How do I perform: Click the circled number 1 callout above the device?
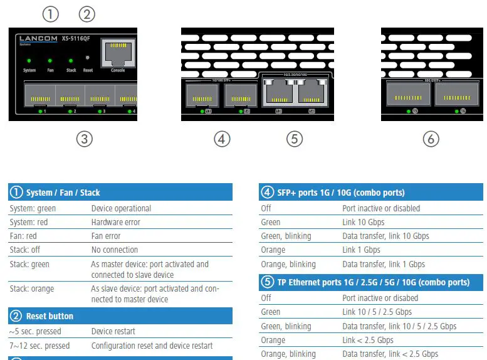pos(51,14)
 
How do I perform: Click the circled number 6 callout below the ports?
pos(431,139)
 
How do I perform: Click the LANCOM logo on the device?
pos(38,39)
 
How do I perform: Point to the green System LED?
pos(29,61)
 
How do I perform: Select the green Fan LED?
pos(50,61)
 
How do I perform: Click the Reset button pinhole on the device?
pos(88,61)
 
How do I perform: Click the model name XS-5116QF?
pos(76,39)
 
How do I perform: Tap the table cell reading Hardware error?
pos(116,222)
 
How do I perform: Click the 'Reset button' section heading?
pos(50,316)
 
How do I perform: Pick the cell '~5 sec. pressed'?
pos(35,331)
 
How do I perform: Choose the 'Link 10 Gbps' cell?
pos(364,222)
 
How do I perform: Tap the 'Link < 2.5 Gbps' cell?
pos(368,340)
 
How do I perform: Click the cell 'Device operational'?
pos(121,208)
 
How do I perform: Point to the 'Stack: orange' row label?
pos(32,289)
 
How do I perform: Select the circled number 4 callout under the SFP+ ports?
pos(222,139)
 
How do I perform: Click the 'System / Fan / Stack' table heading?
pos(63,193)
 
